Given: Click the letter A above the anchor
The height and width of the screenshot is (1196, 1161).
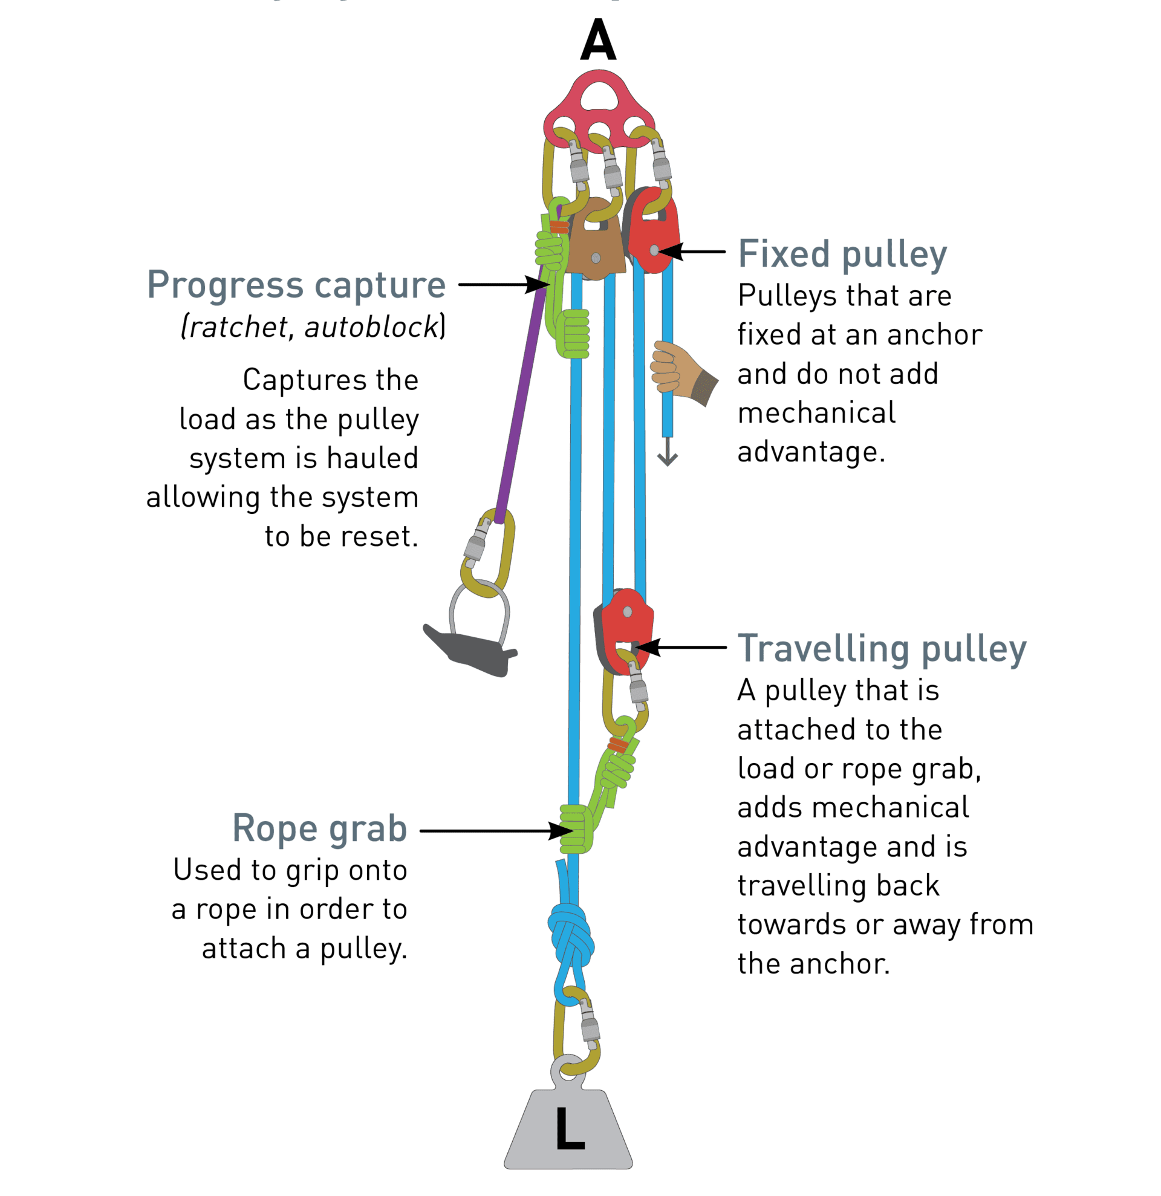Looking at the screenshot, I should point(598,41).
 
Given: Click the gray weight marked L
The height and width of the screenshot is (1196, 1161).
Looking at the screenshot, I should point(567,1129).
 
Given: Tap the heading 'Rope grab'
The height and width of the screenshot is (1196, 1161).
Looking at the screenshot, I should point(320,829).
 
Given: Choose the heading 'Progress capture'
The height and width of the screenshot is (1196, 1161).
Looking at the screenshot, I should point(296,284).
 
